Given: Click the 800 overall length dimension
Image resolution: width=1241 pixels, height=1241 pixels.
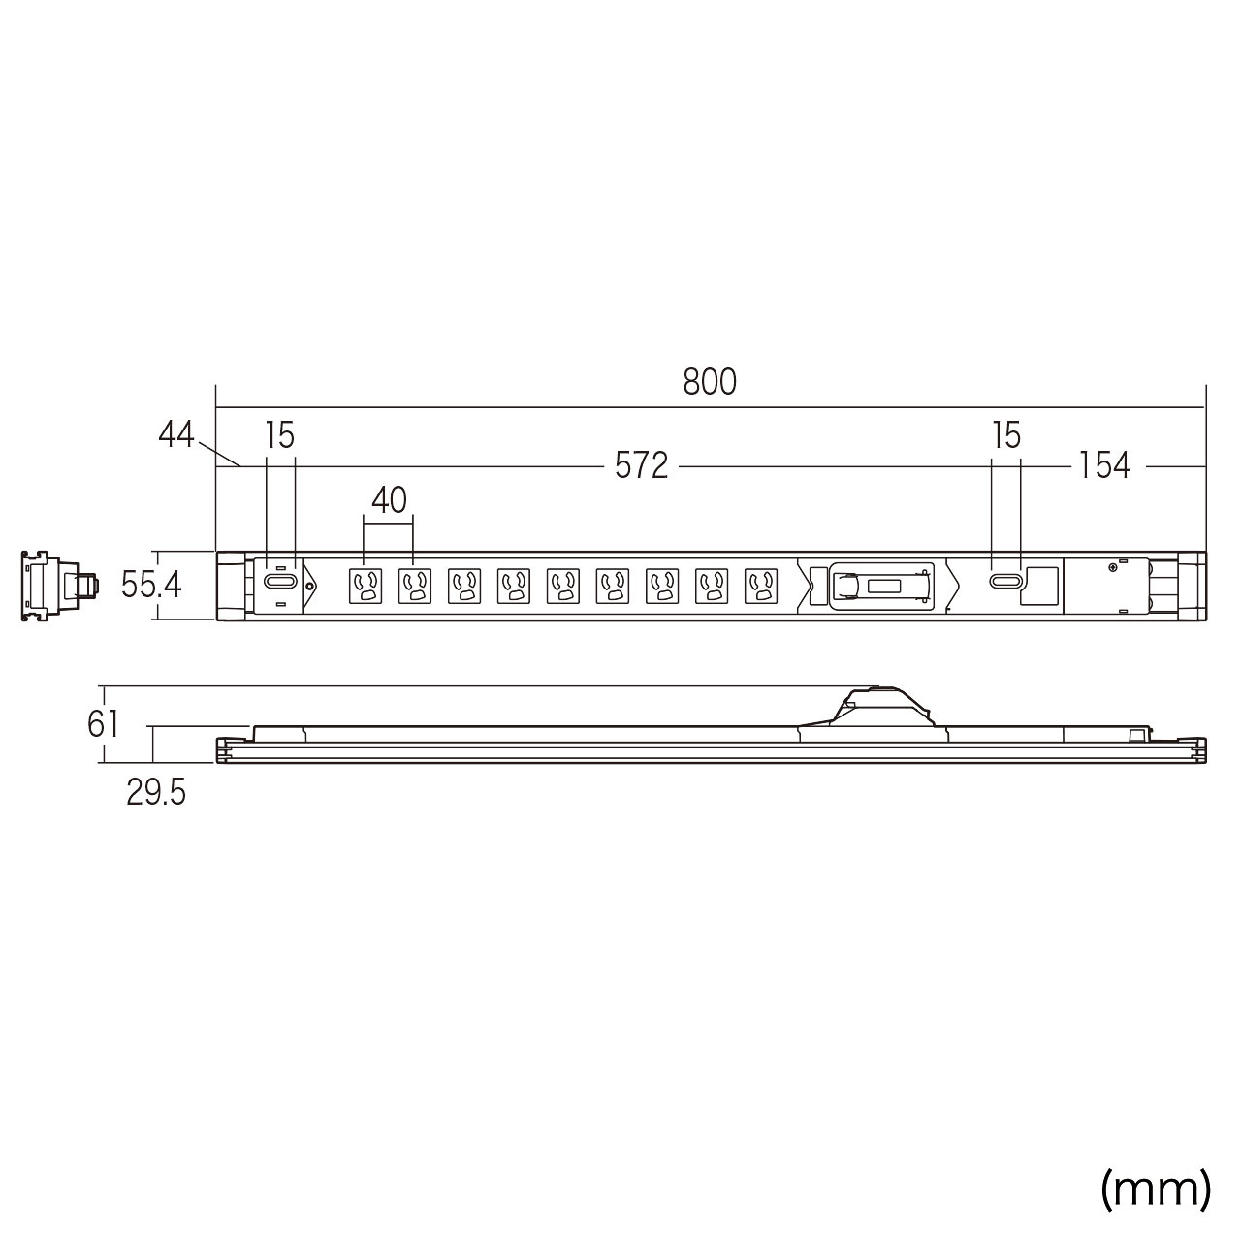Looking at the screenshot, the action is point(709,382).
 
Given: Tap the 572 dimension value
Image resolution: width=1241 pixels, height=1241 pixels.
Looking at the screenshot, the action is point(642,465).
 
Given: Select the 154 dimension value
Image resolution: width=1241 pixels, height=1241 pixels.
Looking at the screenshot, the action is point(1104,465).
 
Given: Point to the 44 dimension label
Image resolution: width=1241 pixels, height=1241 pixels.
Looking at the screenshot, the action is point(175,434).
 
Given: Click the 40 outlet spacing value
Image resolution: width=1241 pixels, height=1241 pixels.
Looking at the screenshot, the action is point(389,500).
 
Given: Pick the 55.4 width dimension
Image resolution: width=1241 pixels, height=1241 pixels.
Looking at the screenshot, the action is point(151,586).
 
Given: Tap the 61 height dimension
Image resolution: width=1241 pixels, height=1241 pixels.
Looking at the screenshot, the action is point(103,724).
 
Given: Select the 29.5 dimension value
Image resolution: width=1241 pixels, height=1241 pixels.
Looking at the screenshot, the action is point(156,793).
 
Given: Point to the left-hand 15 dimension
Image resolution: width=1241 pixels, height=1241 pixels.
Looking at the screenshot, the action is point(279,435).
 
